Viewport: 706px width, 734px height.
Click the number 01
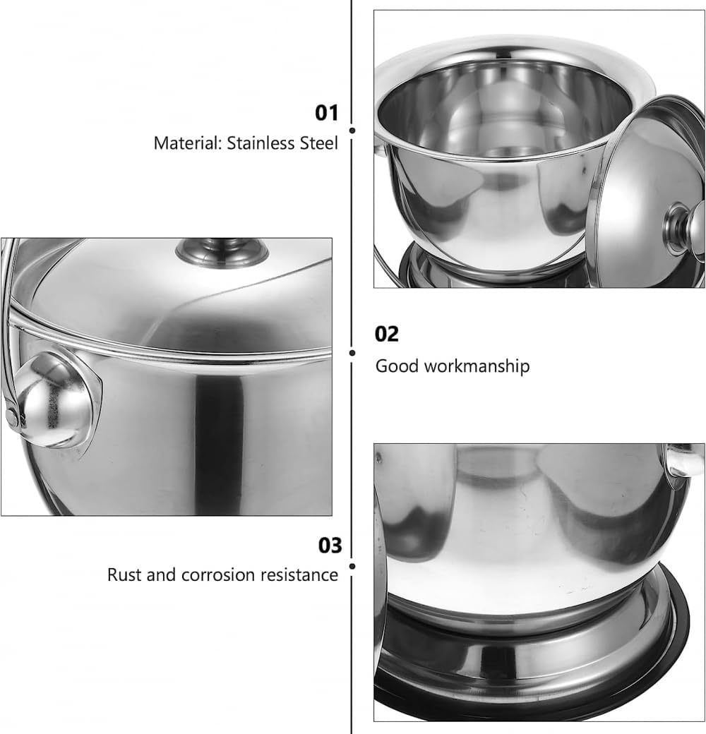pos(326,113)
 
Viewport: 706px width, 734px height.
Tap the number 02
pos(387,334)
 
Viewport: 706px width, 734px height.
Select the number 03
pos(330,546)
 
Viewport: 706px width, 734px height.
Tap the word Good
pos(397,366)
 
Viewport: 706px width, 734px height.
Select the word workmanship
pos(477,366)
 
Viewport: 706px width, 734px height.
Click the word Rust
pos(124,574)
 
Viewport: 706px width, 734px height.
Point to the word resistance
pos(299,574)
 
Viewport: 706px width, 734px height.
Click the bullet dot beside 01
pos(352,131)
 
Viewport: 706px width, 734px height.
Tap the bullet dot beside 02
pos(352,353)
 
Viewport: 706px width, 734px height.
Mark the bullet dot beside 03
pos(352,567)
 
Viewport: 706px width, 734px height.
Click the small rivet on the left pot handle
pos(11,416)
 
